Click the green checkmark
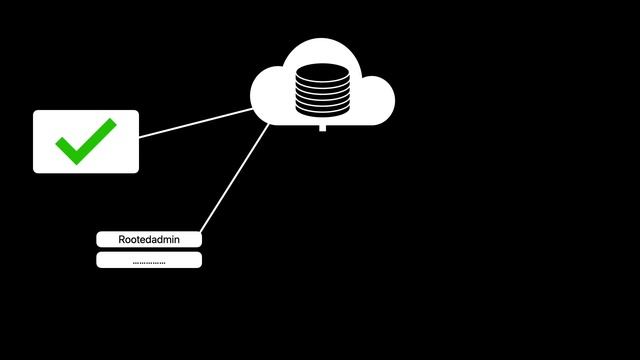coord(85,142)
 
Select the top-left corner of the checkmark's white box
coord(36,113)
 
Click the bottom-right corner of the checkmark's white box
coord(136,170)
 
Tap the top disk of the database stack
coord(321,69)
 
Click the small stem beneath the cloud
coord(321,128)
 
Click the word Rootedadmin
coord(149,240)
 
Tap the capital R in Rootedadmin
coord(122,240)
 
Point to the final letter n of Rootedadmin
coord(176,240)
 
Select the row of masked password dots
coord(149,262)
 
